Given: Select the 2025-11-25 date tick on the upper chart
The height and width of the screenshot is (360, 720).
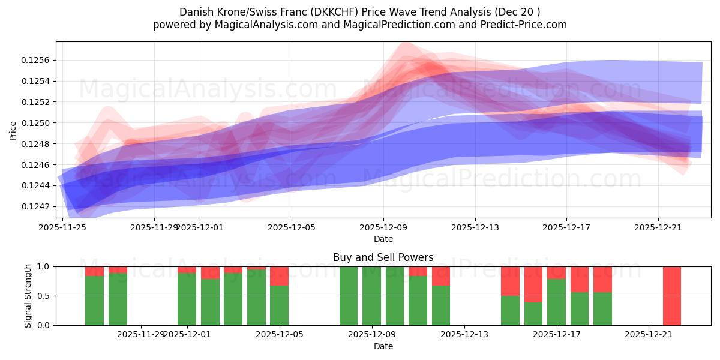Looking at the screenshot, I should point(62,227).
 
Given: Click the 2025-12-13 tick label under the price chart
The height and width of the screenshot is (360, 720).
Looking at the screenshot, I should point(475,227).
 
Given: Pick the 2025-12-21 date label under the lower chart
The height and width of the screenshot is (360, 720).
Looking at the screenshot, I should point(649,335).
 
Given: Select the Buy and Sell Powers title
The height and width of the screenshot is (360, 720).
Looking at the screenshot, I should point(383,257).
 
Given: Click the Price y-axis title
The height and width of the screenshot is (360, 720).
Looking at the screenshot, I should point(13,130).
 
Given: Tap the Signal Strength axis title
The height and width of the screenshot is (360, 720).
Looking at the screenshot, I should point(28,296).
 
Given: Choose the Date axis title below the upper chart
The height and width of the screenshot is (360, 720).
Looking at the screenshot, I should point(383,239).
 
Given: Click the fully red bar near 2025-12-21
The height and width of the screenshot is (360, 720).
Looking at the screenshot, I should point(671,296).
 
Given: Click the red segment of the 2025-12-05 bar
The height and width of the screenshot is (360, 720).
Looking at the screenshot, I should point(279,275).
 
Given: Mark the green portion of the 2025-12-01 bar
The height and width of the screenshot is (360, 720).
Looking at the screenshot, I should point(187,299).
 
